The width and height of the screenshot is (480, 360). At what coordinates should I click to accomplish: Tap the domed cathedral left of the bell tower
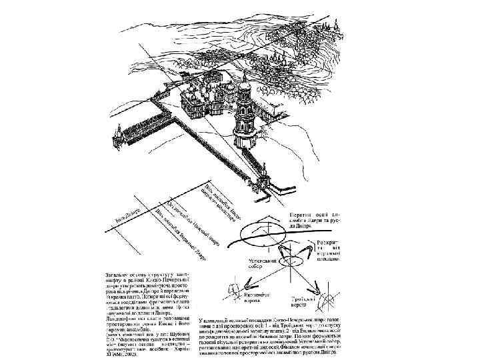(x=200, y=100)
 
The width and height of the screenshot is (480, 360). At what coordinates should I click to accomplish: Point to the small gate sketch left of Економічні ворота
(x=234, y=290)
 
